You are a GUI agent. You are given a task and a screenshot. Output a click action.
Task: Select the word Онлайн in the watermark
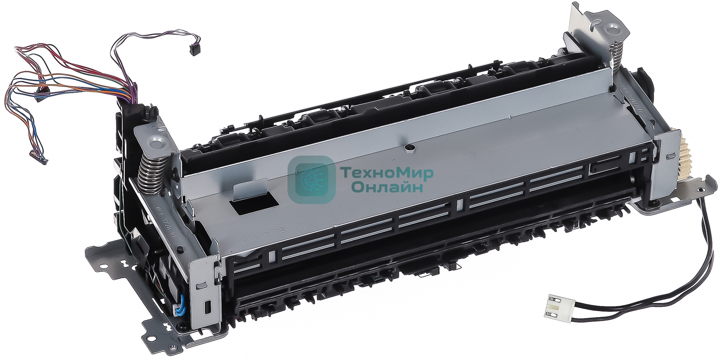coord(386,187)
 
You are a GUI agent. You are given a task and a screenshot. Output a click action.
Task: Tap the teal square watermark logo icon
coord(312,178)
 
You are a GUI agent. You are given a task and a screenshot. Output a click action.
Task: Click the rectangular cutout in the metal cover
coord(256,205)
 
